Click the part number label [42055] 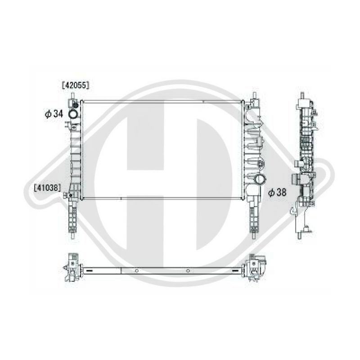76,85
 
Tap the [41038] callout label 48,188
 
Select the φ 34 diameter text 54,114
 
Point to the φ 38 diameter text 277,193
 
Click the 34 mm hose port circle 73,114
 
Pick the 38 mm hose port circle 260,179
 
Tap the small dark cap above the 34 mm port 75,105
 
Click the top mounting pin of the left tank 72,95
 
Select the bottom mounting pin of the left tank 73,235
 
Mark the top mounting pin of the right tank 254,95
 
